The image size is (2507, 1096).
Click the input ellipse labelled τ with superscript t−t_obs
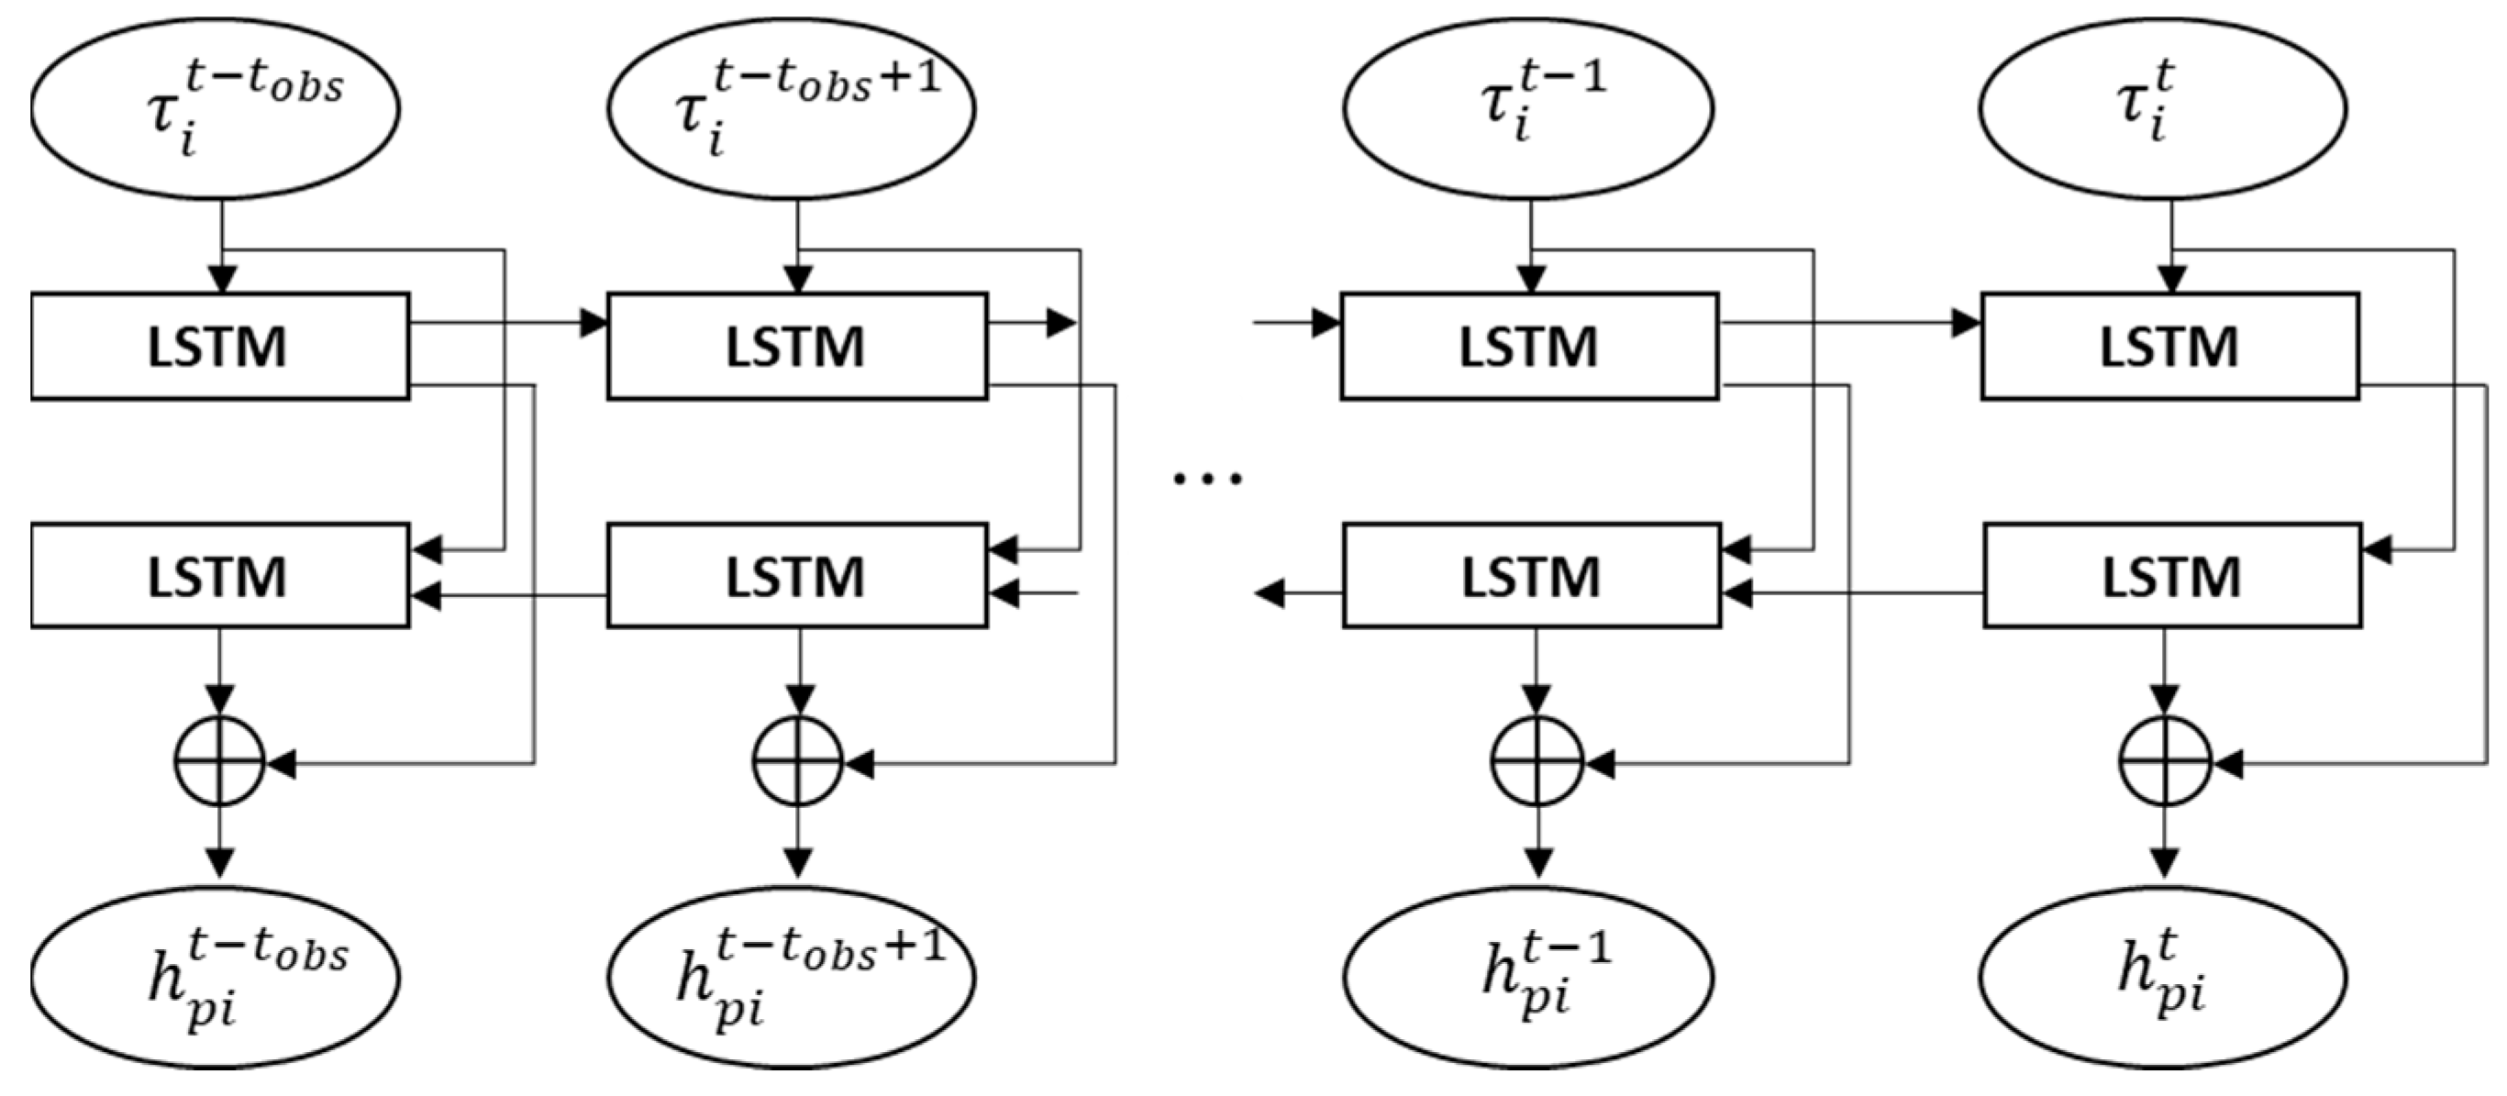(215, 108)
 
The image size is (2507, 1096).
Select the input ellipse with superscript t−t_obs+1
(792, 108)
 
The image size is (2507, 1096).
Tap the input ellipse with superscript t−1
(1528, 108)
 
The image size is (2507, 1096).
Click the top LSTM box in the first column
(220, 347)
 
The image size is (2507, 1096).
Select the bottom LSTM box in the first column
(220, 575)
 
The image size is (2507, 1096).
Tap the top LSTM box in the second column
(797, 347)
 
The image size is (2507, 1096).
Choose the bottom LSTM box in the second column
(797, 575)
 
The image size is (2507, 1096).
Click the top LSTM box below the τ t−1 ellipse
(1530, 347)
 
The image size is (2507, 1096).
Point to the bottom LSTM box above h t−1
(1532, 575)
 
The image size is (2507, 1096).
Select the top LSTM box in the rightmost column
(2170, 347)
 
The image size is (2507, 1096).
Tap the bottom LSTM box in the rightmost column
(2172, 575)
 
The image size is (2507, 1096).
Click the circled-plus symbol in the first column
(220, 762)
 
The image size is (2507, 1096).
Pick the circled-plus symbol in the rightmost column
(2165, 762)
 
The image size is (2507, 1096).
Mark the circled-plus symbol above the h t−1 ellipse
(1536, 762)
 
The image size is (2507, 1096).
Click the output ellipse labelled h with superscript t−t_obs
(215, 976)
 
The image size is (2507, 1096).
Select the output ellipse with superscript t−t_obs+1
(792, 976)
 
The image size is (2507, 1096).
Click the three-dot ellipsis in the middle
(1207, 478)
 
